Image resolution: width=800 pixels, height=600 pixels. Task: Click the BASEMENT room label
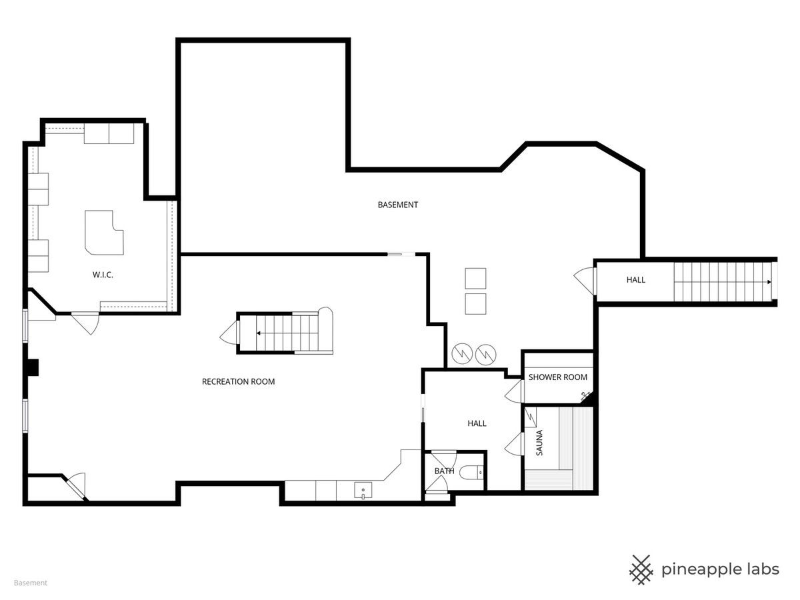coord(397,205)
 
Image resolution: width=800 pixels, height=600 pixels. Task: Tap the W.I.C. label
coord(103,275)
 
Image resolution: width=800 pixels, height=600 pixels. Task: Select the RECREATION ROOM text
coord(239,381)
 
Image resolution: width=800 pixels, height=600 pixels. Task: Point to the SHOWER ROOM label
coord(557,377)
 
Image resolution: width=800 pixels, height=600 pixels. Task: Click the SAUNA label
coord(539,443)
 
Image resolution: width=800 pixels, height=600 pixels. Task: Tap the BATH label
coord(444,471)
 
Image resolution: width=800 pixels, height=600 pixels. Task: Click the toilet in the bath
coord(471,473)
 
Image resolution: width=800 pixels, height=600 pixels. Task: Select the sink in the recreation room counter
coord(363,491)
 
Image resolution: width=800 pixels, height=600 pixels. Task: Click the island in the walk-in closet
coord(104,233)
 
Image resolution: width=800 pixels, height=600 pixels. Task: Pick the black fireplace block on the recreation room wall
coord(33,367)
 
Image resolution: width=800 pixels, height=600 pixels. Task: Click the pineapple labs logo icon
coord(641,569)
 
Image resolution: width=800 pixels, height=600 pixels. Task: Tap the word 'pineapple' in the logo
coord(695,570)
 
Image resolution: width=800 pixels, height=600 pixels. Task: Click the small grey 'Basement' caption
coord(31,583)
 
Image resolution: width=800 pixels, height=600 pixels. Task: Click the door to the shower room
coord(515,391)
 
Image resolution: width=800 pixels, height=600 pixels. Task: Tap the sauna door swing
coord(515,444)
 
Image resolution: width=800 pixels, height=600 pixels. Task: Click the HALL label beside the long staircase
coord(635,280)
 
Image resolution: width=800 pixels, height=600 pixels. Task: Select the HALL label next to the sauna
coord(477,423)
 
